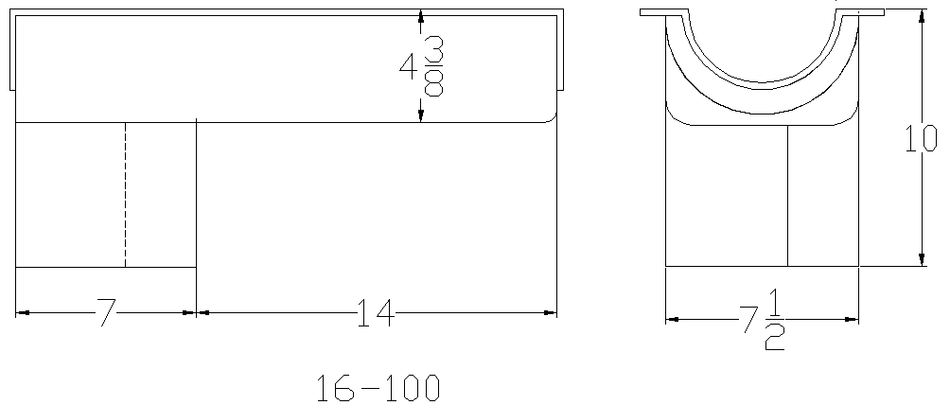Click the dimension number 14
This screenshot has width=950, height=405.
click(x=376, y=312)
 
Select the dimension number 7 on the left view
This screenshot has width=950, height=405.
click(x=106, y=312)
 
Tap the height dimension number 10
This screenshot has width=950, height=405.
click(x=921, y=138)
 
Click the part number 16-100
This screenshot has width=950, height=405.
click(x=378, y=388)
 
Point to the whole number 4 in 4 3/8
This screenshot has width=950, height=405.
click(x=407, y=66)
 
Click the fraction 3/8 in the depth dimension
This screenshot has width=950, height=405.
click(x=433, y=66)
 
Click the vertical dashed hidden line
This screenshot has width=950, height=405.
click(x=126, y=195)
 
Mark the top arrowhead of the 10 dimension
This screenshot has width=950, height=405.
click(x=922, y=15)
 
